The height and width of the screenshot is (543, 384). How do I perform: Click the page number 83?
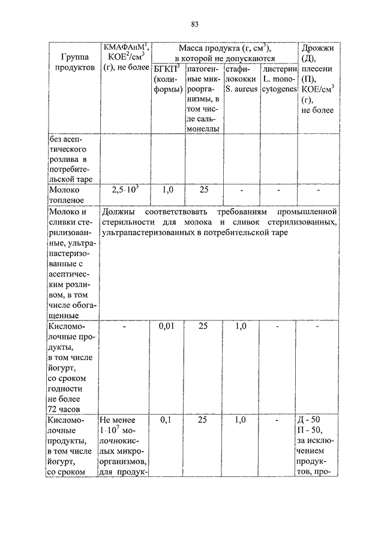pyautogui.click(x=194, y=24)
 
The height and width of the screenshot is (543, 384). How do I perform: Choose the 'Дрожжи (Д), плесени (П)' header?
pyautogui.click(x=318, y=79)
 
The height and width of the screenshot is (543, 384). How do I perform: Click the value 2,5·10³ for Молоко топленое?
pyautogui.click(x=125, y=190)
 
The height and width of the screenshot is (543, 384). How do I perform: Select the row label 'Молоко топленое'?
pyautogui.click(x=65, y=195)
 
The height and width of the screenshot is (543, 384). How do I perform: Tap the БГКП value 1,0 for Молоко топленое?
pyautogui.click(x=167, y=190)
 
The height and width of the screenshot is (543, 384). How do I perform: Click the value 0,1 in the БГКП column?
pyautogui.click(x=167, y=421)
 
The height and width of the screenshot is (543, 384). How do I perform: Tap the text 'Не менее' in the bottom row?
pyautogui.click(x=118, y=421)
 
